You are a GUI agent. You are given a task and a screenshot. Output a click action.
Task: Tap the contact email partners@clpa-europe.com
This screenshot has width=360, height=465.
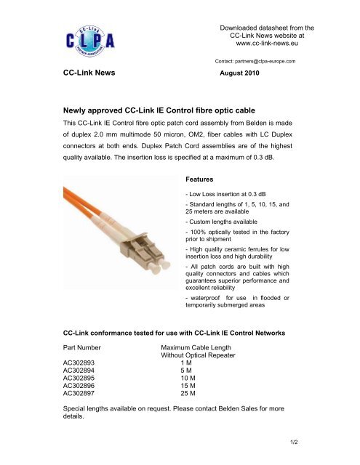(x=260, y=62)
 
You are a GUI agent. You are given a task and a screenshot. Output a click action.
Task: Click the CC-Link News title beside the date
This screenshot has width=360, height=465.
(x=92, y=75)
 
